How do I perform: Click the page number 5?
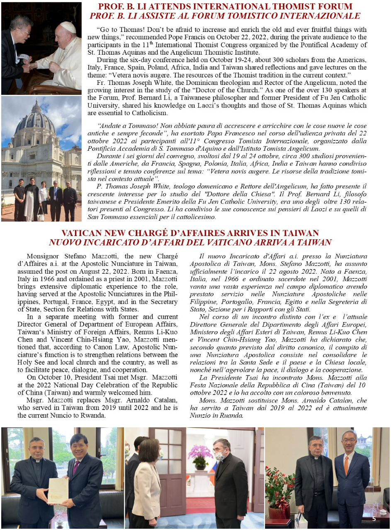[x=374, y=518]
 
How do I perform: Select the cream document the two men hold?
[x=58, y=491]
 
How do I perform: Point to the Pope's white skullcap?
[x=67, y=27]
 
